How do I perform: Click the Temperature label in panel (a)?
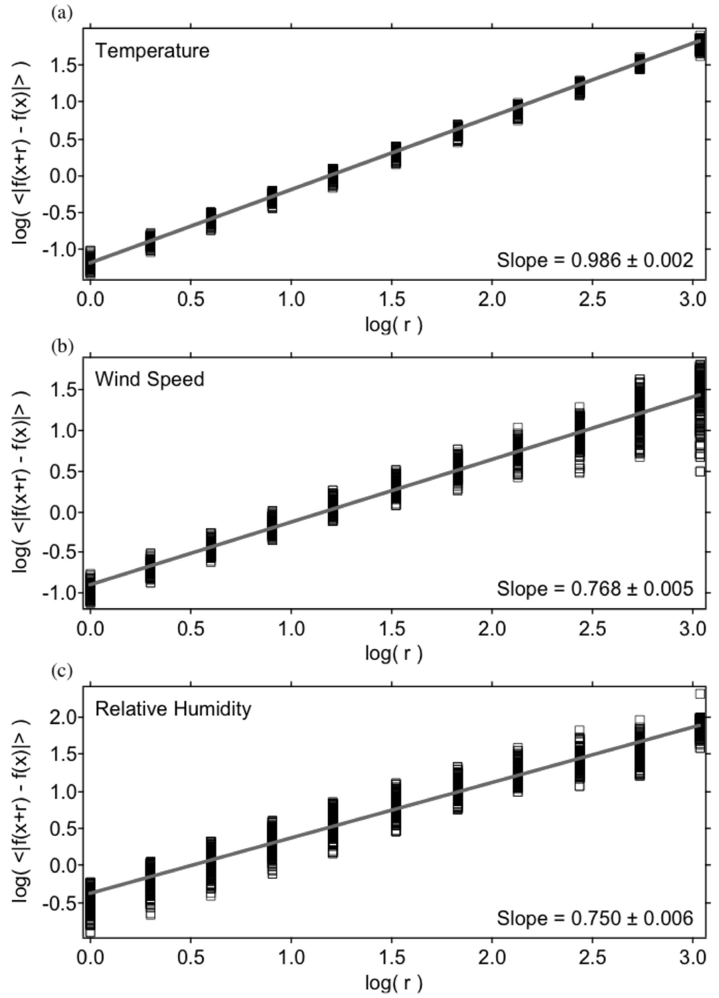[x=152, y=51]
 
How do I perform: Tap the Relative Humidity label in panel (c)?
[x=173, y=709]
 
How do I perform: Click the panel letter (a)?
[x=61, y=14]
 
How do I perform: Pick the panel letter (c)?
[x=61, y=672]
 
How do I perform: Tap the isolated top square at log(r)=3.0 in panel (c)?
[x=700, y=694]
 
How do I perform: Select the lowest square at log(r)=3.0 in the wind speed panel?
[x=700, y=471]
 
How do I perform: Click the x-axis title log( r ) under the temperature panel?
[x=393, y=325]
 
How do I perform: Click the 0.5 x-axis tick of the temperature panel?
[x=191, y=300]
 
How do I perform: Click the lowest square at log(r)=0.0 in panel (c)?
[x=90, y=932]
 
